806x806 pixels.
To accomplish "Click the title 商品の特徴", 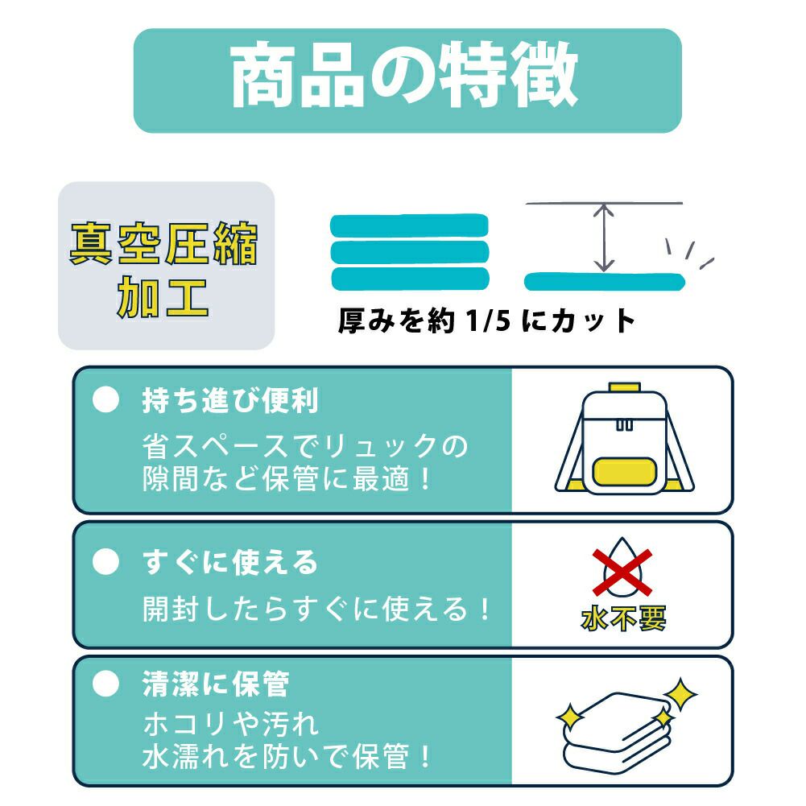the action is click(x=405, y=76).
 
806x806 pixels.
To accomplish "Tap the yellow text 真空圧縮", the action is click(x=164, y=243).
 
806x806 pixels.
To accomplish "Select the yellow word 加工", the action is click(x=163, y=296).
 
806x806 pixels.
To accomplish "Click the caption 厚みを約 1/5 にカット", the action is click(x=487, y=320).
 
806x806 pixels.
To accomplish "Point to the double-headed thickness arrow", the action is click(x=604, y=238).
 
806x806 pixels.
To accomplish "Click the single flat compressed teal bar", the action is click(x=605, y=282).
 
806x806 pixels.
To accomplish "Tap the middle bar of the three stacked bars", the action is click(x=410, y=252).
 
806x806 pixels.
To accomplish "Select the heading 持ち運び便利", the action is click(x=230, y=400).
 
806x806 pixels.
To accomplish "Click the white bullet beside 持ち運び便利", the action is click(x=106, y=399).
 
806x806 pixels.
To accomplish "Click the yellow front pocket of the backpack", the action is click(x=625, y=471).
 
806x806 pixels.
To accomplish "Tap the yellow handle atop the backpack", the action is click(x=625, y=386).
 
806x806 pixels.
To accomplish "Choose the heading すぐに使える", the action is click(x=230, y=561).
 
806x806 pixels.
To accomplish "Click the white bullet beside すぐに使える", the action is click(x=106, y=560).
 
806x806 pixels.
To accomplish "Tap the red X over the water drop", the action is click(x=622, y=572).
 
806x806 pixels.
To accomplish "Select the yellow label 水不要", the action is click(x=623, y=618).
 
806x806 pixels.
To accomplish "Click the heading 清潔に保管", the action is click(x=216, y=684).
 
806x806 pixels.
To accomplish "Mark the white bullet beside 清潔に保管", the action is click(x=106, y=684).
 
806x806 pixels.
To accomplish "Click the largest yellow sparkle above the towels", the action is click(x=680, y=694).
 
